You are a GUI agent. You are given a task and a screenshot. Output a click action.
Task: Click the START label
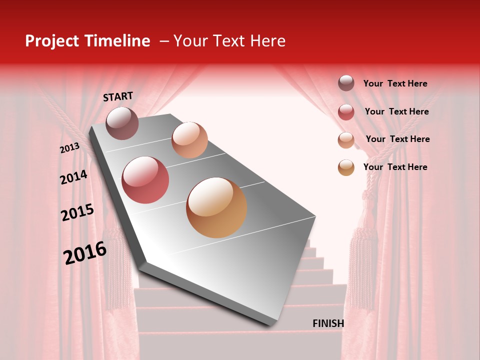[118, 96]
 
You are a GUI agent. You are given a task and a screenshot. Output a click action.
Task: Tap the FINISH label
[328, 323]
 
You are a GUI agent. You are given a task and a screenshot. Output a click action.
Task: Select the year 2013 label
[70, 147]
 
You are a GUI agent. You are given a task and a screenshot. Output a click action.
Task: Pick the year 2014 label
[73, 177]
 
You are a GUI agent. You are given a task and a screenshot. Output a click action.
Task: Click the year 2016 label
[85, 253]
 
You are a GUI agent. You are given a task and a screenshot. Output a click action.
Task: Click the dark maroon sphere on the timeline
[122, 123]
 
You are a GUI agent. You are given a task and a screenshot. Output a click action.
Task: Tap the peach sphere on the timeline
[189, 140]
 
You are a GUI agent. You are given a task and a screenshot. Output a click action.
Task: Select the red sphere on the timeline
[145, 180]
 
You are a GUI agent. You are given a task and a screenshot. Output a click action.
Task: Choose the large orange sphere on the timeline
[216, 207]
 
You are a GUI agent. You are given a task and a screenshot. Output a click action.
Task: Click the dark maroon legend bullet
[346, 83]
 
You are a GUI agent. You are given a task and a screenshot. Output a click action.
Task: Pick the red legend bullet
[346, 112]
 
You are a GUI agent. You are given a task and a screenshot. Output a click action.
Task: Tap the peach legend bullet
[346, 140]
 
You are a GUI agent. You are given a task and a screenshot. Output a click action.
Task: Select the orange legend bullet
[346, 167]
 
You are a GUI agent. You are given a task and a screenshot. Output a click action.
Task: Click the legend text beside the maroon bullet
[395, 83]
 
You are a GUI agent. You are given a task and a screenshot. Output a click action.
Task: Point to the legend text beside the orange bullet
[395, 167]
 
